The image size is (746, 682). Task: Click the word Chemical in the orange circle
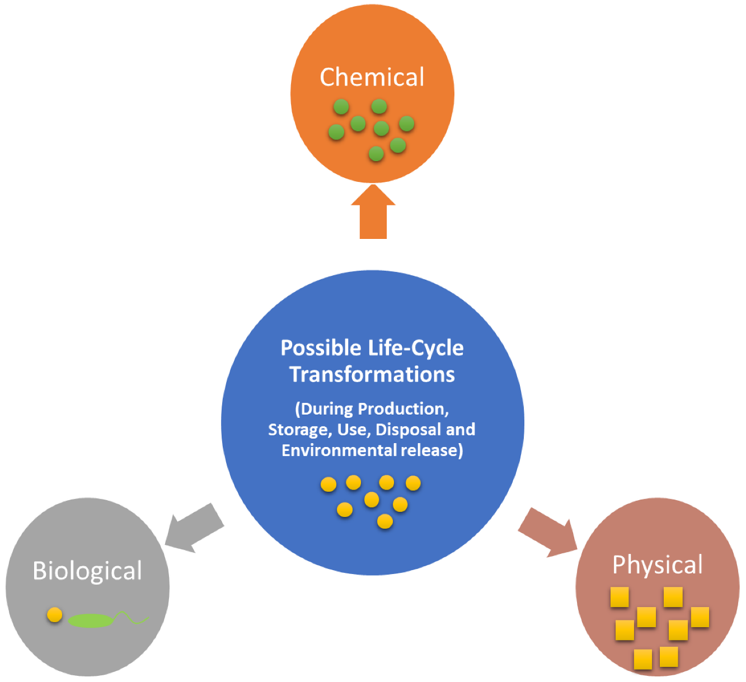point(372,77)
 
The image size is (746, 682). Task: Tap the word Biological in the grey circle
point(87,571)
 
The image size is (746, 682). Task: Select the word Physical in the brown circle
point(657,565)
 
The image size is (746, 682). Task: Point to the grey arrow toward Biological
point(194,529)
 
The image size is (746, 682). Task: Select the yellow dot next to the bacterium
point(54,615)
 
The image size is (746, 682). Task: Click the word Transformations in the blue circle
point(372,374)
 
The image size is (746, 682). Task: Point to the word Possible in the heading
point(321,348)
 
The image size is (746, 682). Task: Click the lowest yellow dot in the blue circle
point(385,521)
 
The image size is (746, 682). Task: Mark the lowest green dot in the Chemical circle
point(376,153)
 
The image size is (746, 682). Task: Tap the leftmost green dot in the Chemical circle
point(336,132)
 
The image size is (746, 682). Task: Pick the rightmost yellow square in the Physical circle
point(700,617)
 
